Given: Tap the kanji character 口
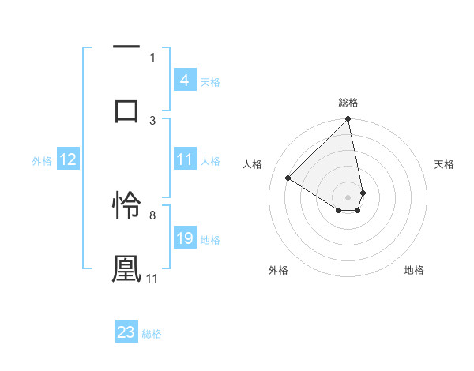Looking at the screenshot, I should point(126,110).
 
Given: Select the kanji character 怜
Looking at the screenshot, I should point(126,205).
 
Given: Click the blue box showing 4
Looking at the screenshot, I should point(184,80).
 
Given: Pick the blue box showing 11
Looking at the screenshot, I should point(184,159).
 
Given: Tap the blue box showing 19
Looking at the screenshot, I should point(184,238).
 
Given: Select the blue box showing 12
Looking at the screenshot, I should point(67,159).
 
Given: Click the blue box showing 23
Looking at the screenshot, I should point(126,332).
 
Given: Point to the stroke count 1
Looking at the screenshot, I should point(152,57).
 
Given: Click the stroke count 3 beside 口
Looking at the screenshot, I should point(152,120).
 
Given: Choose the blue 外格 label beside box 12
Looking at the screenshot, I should point(42,160).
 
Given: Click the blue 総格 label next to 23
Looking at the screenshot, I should point(152,333).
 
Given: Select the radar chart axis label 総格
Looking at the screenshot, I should point(348,103).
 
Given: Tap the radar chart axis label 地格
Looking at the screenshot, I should point(414,270).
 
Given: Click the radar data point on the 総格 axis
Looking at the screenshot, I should point(348,120).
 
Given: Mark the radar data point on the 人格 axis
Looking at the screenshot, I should point(288,178).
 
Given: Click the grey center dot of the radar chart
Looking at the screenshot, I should point(348,197).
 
